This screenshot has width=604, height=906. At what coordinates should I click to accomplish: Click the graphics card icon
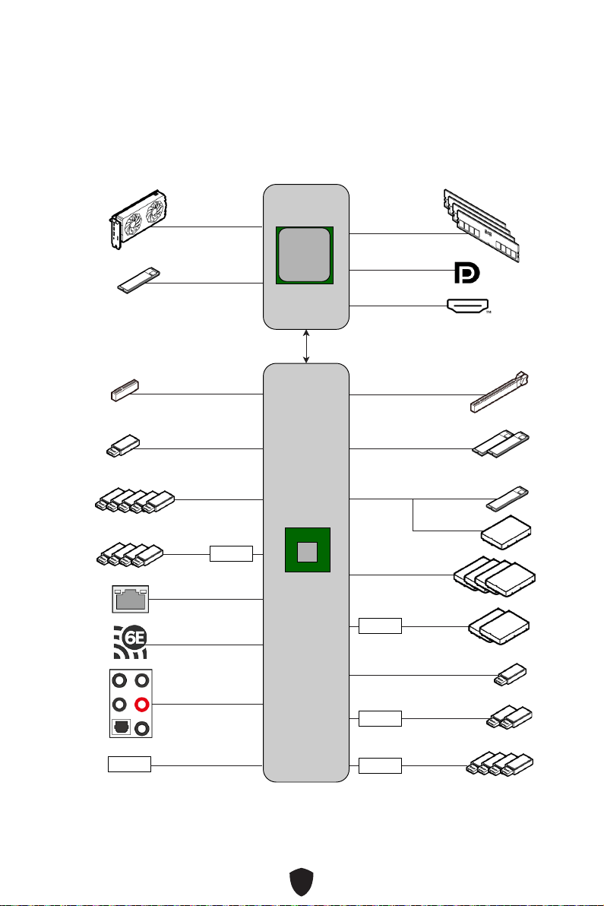coord(139,219)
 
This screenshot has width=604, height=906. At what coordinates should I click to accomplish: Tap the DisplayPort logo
coord(466,273)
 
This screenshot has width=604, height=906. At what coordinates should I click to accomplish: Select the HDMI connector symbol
coord(468,306)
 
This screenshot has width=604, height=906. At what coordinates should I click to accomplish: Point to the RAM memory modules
coord(481,225)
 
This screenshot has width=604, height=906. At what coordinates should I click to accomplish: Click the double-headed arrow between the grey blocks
coord(306,347)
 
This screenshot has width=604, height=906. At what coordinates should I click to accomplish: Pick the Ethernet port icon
coord(130,599)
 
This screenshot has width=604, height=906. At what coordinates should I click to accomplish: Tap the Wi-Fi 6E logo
coord(130,642)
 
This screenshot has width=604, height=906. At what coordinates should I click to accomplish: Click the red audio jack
coord(141,705)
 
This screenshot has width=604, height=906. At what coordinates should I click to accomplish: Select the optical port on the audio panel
coord(121,727)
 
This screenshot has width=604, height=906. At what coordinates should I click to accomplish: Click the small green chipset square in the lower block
coord(308,550)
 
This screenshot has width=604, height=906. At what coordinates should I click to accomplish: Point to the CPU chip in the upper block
coord(305,255)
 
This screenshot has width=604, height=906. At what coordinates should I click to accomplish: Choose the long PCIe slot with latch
coord(499,392)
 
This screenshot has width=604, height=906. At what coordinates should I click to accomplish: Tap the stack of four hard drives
coord(495,576)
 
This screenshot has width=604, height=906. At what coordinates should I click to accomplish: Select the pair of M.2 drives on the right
coord(501,444)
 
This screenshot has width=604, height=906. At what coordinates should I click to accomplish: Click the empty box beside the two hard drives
coord(380,626)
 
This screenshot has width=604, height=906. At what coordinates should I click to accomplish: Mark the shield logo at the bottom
coord(302,882)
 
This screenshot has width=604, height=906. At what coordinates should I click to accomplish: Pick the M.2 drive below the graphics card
coord(138,280)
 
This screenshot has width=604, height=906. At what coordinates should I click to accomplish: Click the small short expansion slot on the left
coord(125,390)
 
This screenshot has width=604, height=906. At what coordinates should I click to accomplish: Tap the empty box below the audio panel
coord(129,764)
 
